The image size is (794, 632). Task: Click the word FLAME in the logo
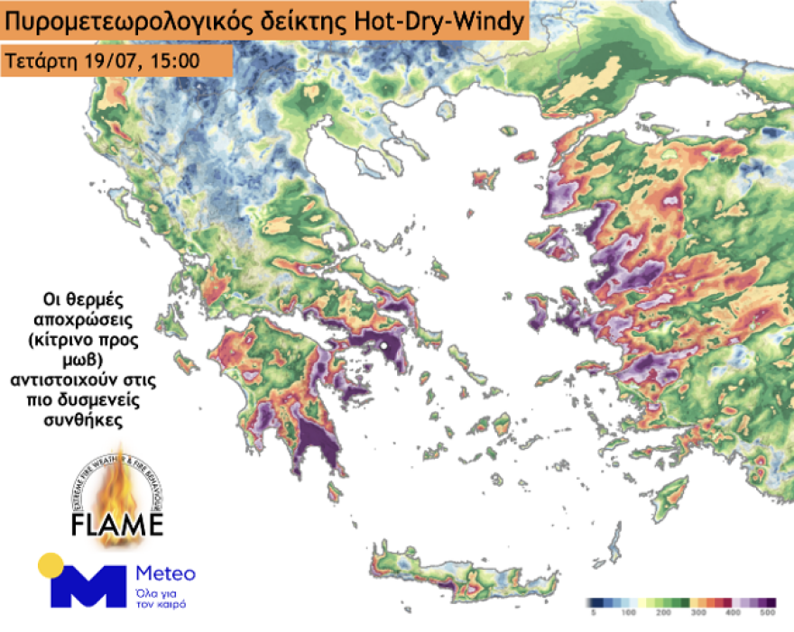117,524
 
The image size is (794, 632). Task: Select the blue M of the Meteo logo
88,587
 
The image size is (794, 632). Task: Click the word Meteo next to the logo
164,573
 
